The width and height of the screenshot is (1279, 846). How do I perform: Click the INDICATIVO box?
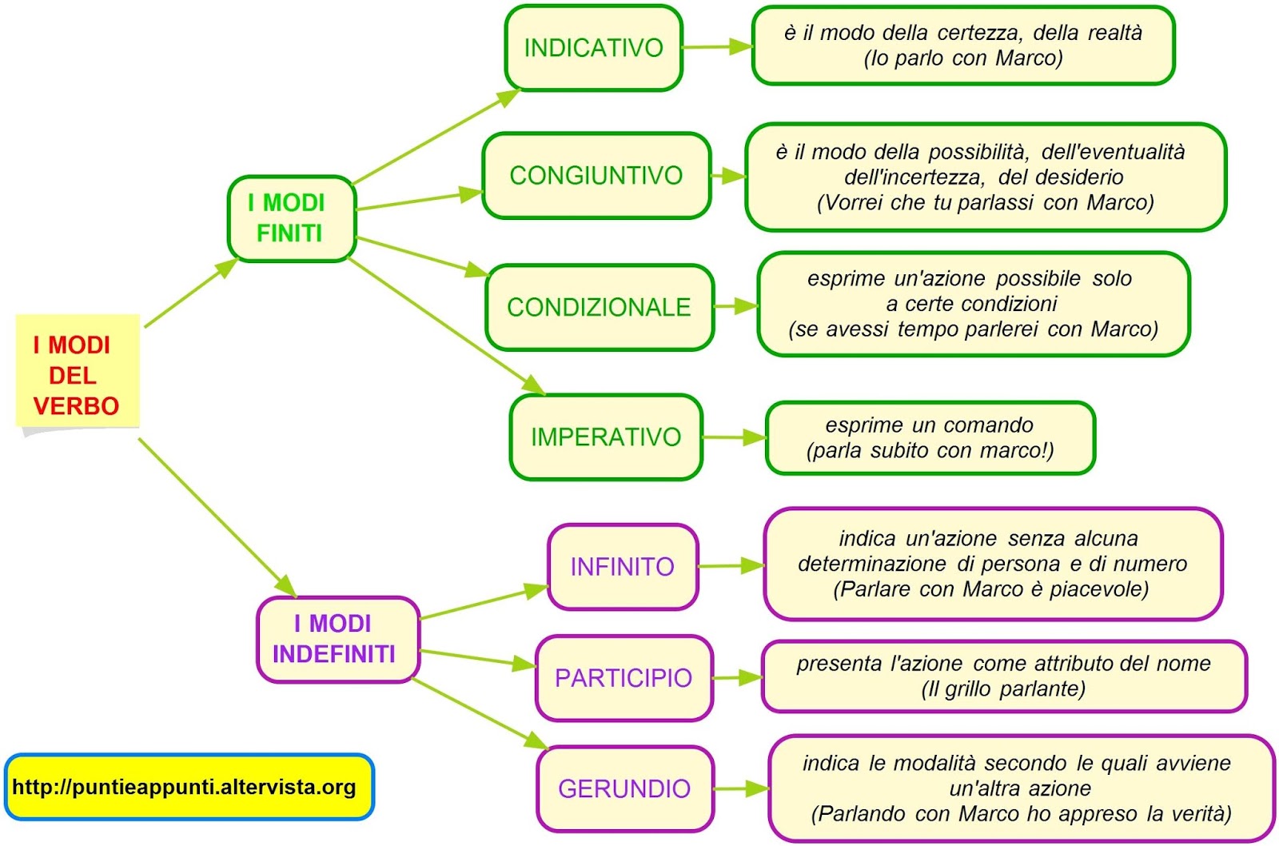(593, 48)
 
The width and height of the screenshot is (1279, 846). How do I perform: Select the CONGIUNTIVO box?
(596, 175)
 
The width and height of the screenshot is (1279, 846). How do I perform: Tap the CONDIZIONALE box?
(599, 307)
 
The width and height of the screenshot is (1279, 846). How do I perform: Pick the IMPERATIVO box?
(606, 437)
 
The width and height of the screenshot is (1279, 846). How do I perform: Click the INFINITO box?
(622, 567)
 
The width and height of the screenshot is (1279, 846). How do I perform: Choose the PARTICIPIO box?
(624, 678)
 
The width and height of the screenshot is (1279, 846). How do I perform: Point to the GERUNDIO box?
(624, 789)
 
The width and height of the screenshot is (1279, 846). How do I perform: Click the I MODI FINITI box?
(291, 218)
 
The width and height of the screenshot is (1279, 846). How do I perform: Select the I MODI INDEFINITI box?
(337, 639)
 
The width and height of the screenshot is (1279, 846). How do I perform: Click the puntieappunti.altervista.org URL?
(185, 788)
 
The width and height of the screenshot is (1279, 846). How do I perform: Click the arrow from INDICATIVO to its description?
(717, 47)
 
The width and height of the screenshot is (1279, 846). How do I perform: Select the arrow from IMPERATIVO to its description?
(734, 437)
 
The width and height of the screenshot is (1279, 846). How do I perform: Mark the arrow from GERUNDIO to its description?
(740, 789)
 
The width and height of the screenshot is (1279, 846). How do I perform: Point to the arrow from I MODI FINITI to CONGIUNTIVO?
(420, 200)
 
